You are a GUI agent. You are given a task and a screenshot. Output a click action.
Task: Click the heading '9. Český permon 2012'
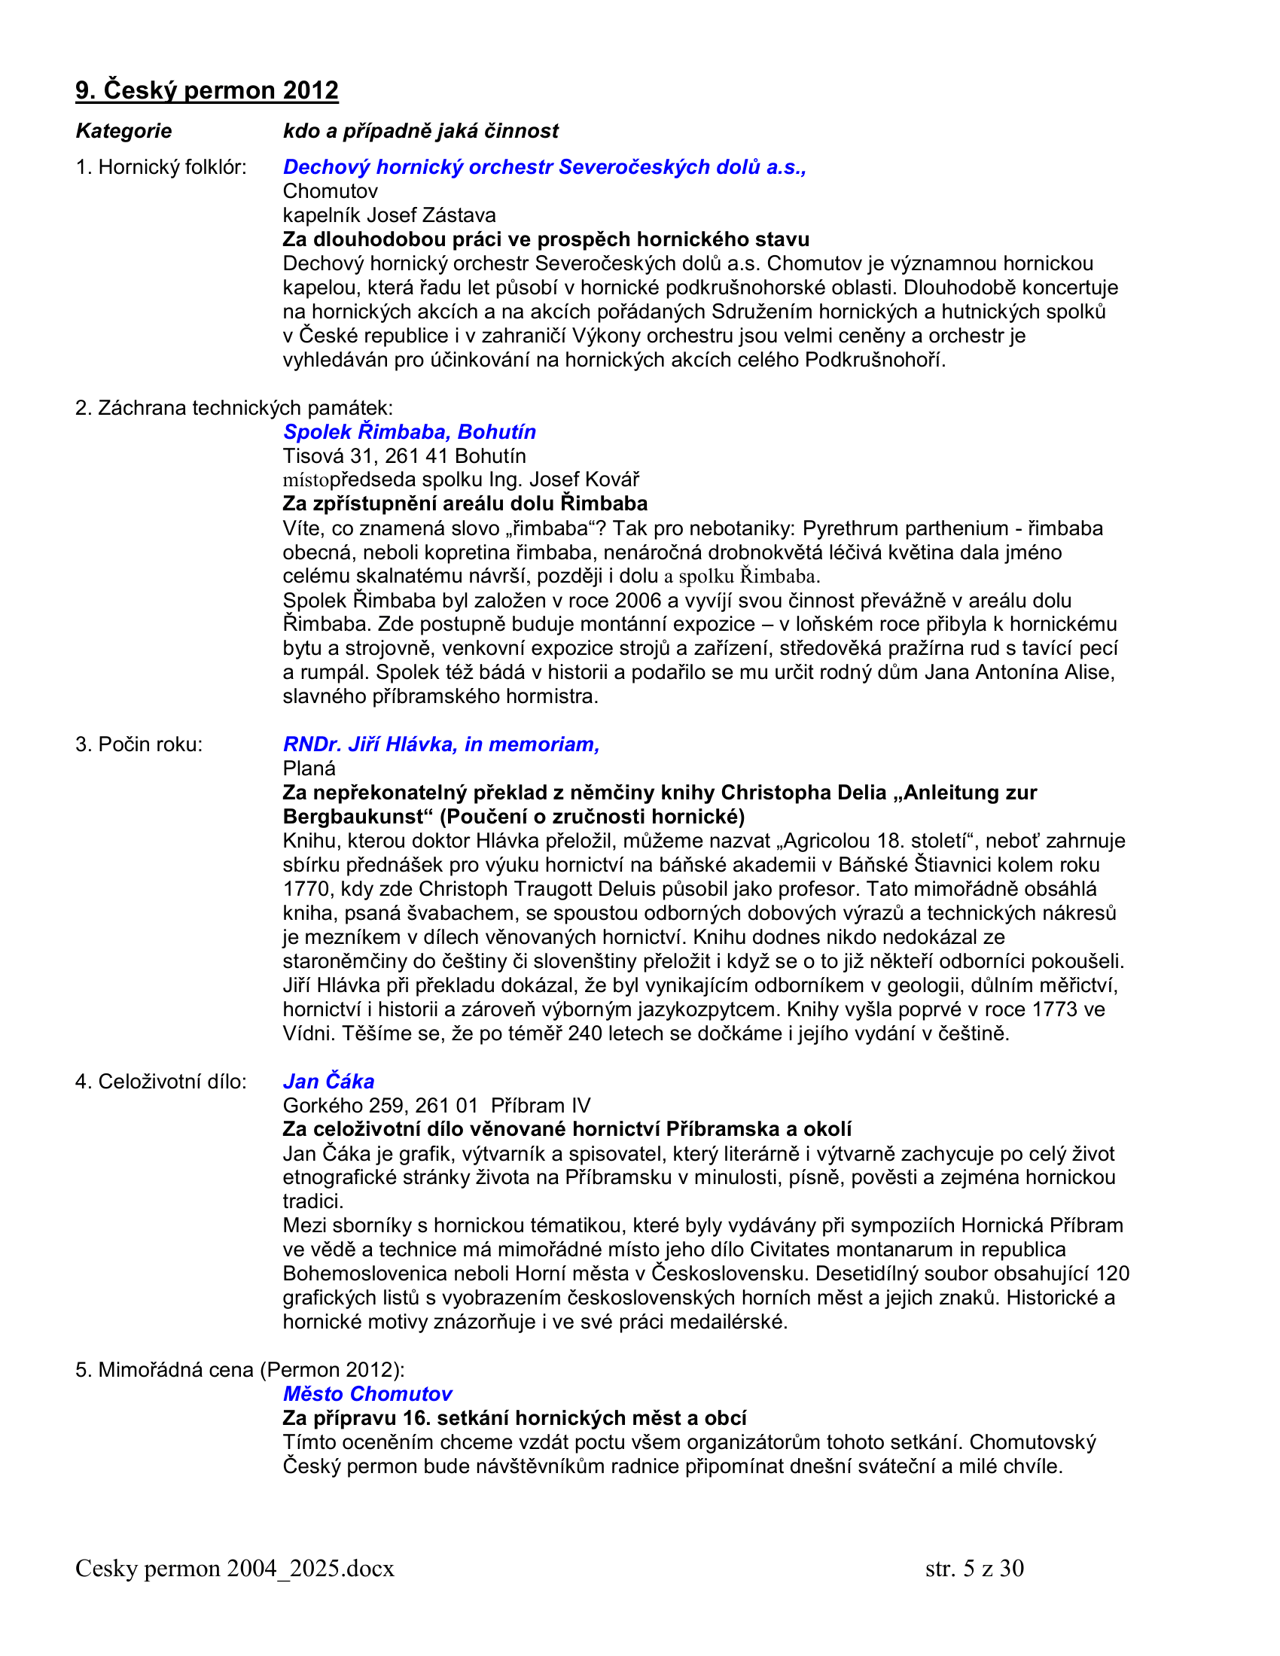click(x=206, y=90)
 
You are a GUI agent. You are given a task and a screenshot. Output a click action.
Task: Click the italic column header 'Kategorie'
click(x=123, y=131)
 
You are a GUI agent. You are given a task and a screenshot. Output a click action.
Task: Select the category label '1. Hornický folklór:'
click(x=161, y=167)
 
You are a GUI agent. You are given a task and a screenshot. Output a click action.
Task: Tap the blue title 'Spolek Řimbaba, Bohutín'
click(x=409, y=431)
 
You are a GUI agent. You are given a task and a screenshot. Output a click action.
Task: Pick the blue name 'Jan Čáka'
click(x=328, y=1081)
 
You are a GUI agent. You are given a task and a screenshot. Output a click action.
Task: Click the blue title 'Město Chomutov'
click(x=367, y=1393)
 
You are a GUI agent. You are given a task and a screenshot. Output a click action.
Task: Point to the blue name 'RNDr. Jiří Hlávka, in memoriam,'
click(x=440, y=744)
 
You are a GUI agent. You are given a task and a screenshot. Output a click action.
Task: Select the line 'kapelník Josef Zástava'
click(x=389, y=215)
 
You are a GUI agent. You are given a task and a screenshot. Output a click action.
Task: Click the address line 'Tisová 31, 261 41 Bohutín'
click(x=404, y=455)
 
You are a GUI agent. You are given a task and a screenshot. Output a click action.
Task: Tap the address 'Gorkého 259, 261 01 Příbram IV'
click(x=436, y=1106)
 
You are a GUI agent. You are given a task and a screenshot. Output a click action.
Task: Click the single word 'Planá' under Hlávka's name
click(x=309, y=768)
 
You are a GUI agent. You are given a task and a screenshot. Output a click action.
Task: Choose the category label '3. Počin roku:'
click(x=139, y=744)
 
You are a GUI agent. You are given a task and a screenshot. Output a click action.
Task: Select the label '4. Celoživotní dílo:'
click(x=161, y=1081)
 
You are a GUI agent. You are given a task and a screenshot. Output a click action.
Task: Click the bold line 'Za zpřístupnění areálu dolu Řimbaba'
click(x=465, y=504)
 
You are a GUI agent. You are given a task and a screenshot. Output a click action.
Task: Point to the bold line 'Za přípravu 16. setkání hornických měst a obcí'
click(x=514, y=1418)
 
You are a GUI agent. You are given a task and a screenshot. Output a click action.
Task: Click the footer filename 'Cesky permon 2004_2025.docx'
click(x=234, y=1568)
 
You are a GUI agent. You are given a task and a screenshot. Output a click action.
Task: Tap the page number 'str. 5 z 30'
click(x=974, y=1568)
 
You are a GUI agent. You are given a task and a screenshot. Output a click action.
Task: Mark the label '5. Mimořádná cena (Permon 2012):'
click(x=239, y=1369)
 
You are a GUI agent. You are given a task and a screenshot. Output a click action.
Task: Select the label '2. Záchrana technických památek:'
click(x=233, y=408)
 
